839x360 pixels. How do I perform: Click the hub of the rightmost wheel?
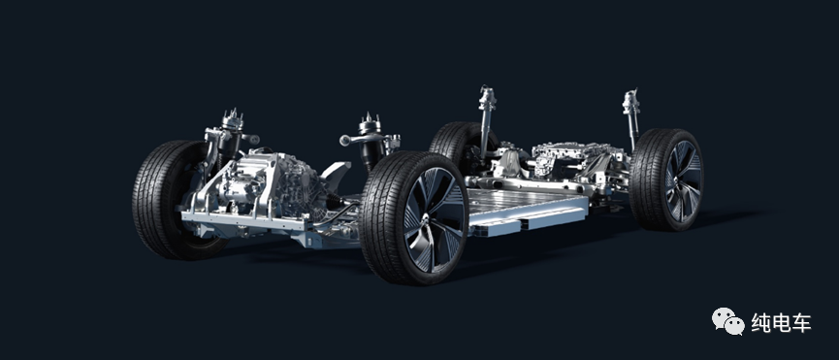(x=679, y=180)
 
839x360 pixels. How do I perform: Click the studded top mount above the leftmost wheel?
(x=232, y=119)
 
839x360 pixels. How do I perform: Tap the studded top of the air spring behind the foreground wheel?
(x=370, y=124)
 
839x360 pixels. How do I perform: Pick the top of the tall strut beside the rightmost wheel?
(x=631, y=102)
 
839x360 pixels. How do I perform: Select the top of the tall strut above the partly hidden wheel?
(x=487, y=98)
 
